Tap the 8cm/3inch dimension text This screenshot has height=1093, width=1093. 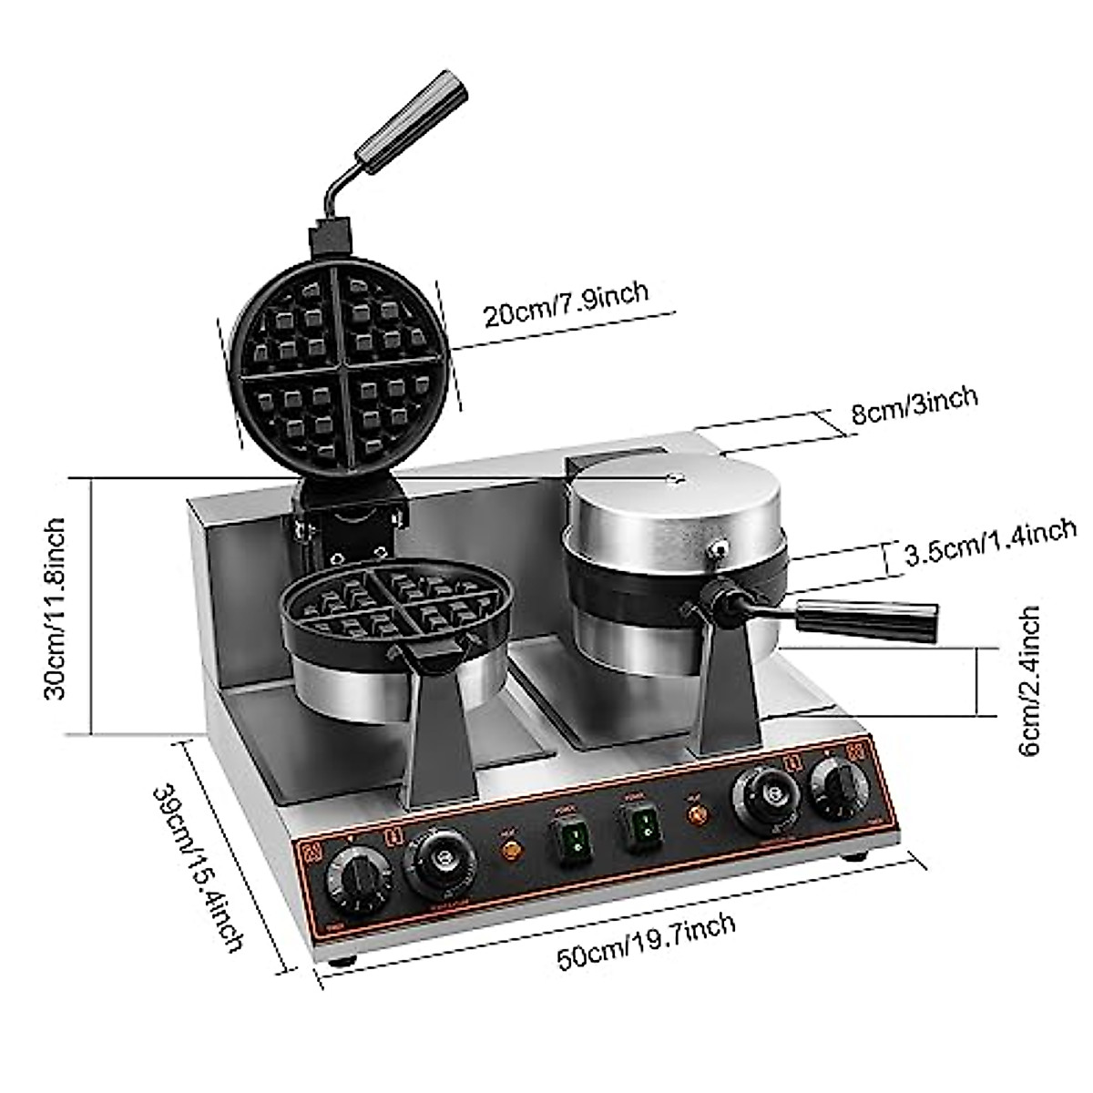click(x=914, y=407)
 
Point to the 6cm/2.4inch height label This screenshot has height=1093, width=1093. click(x=1030, y=681)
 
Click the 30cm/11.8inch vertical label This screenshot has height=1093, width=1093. click(x=56, y=608)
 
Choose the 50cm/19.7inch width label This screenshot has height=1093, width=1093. click(x=646, y=944)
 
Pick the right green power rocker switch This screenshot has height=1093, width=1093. click(x=641, y=824)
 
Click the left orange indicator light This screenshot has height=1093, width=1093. click(x=513, y=852)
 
